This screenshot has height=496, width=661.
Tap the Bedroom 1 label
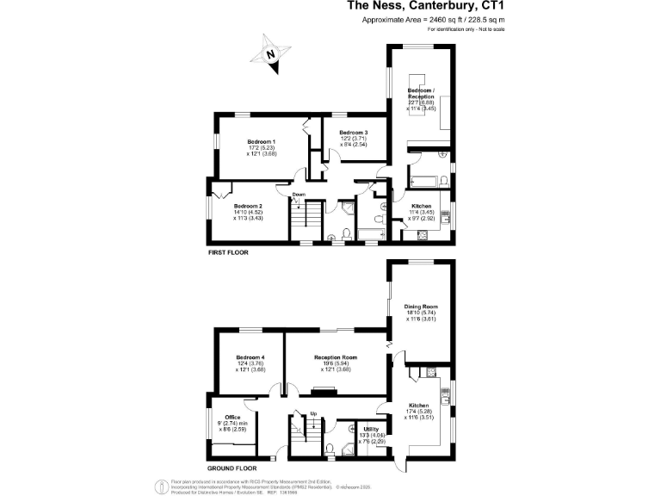(x=261, y=141)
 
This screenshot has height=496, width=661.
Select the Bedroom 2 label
(x=248, y=206)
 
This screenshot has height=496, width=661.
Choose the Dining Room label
(x=422, y=305)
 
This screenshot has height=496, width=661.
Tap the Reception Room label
(x=336, y=356)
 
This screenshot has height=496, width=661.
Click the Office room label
(x=232, y=417)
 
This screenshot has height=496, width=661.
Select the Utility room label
(x=372, y=428)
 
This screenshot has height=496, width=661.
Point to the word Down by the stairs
(x=298, y=195)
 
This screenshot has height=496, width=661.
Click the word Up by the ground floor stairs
(x=313, y=413)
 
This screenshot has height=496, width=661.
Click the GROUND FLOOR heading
(x=234, y=469)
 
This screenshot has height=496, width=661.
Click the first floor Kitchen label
(x=421, y=206)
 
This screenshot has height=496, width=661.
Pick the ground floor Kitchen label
(x=419, y=405)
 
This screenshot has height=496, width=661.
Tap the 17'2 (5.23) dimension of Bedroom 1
(x=261, y=147)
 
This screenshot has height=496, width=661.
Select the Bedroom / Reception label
(x=421, y=93)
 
